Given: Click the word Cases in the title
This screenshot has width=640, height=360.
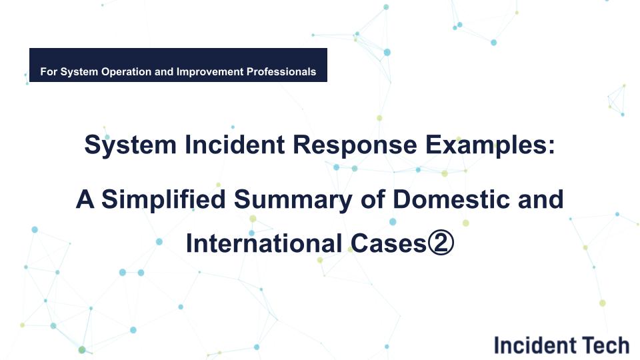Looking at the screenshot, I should pyautogui.click(x=385, y=243).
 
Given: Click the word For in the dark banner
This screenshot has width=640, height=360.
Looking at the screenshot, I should pyautogui.click(x=49, y=71).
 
